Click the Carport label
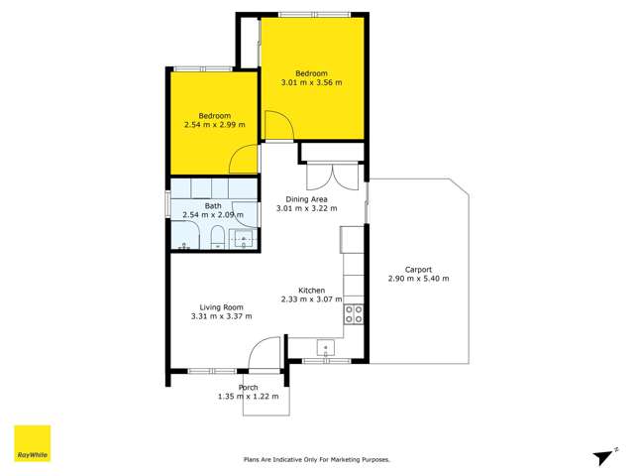click(418, 269)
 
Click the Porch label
click(248, 387)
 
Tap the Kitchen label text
click(311, 290)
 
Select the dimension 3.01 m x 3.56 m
click(312, 82)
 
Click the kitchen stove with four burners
click(353, 314)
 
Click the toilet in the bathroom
click(217, 237)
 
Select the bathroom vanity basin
click(243, 238)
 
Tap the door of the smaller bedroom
click(243, 159)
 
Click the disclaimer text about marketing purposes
click(317, 459)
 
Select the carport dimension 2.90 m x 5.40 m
click(418, 279)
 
